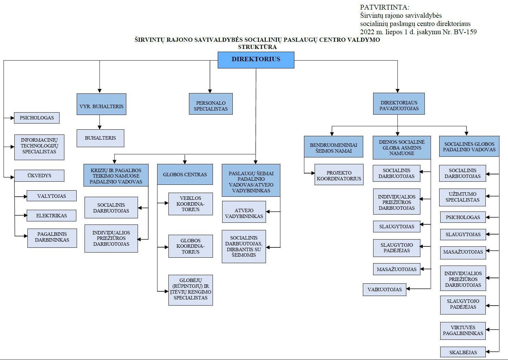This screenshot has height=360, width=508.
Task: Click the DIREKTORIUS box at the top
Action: click(256, 60)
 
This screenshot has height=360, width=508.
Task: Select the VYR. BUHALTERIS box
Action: click(101, 104)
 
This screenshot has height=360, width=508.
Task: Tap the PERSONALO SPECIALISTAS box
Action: click(211, 104)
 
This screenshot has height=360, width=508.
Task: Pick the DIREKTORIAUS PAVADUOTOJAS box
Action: click(399, 104)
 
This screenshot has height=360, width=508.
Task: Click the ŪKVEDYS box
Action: click(39, 176)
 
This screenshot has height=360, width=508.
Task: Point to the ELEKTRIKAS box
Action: click(51, 215)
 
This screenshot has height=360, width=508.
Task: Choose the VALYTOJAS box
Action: click(51, 196)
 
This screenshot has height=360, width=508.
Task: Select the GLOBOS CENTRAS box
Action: click(185, 174)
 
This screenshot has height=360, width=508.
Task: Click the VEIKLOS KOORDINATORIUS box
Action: click(190, 204)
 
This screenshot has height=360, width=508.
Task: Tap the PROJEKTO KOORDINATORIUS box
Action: click(339, 175)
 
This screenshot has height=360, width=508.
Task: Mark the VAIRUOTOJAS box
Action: click(384, 290)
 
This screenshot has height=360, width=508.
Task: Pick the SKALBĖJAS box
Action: click(463, 352)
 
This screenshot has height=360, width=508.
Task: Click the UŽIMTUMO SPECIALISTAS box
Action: click(462, 197)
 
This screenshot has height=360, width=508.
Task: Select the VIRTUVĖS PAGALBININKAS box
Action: click(463, 331)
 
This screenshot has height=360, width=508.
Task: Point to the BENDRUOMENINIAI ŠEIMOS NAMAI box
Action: click(333, 146)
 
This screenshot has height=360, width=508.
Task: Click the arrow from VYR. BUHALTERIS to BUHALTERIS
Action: click(99, 122)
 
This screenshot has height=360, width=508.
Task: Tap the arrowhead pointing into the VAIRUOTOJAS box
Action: click(408, 289)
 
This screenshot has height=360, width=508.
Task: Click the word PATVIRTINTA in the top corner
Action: click(385, 7)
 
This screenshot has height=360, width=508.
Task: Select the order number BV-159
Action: click(465, 32)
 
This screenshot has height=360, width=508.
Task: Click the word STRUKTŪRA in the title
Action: click(257, 47)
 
